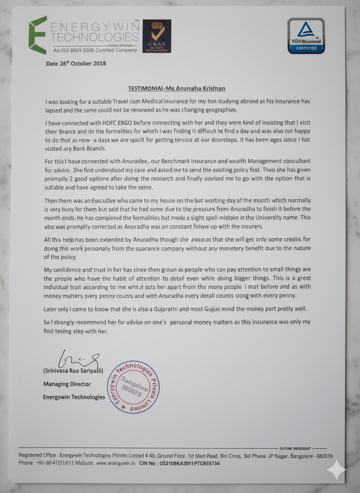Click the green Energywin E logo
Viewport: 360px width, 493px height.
37,35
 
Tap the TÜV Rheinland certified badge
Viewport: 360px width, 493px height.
306,36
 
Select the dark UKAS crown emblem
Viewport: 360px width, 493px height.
157,36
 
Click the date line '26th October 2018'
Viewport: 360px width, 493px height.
76,64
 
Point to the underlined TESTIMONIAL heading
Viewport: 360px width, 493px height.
177,88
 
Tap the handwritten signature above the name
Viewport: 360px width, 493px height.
79,359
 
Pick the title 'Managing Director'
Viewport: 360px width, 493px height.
67,384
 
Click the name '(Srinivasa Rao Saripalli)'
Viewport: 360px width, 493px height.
73,371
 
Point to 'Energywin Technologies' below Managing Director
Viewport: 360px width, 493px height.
74,397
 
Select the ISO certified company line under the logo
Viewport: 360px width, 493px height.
95,50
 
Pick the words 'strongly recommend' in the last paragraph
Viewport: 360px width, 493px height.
75,322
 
